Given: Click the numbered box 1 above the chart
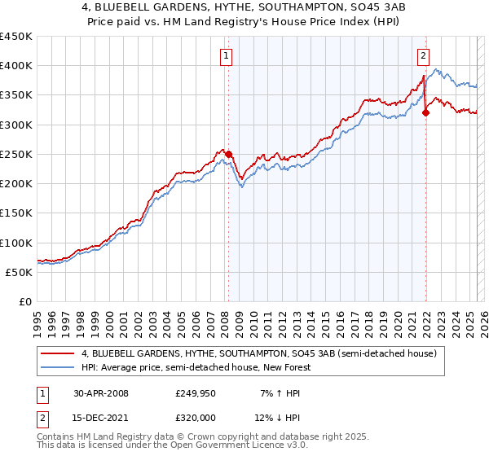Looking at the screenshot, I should point(225,56).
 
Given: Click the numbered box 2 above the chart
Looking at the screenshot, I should point(424,56).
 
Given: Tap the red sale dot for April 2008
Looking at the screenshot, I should point(229,154).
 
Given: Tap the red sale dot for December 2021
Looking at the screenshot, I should point(426,112).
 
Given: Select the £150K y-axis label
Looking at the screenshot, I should point(16,213).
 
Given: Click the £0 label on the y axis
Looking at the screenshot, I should point(24,301).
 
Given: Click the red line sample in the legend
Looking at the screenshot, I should point(58,353).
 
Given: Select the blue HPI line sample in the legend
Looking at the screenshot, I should point(58,367).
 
